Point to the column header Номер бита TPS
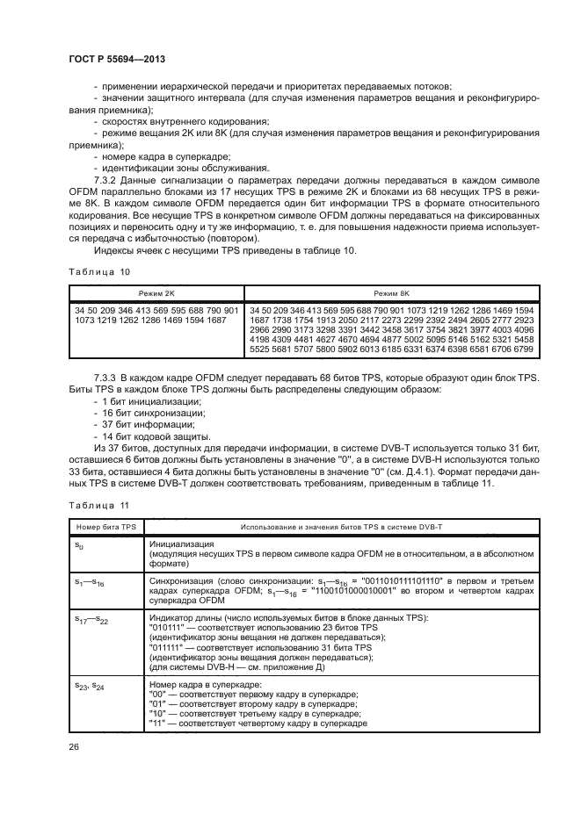103,526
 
